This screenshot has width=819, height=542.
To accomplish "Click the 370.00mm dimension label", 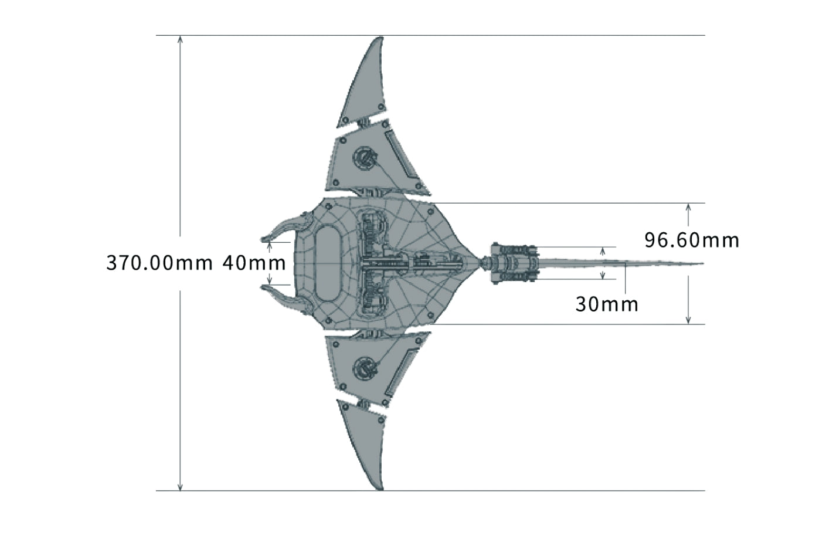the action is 159,263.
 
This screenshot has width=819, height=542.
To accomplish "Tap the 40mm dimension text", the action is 254,263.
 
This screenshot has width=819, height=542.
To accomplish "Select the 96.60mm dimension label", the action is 692,240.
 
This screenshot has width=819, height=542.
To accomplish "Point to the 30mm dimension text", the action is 607,304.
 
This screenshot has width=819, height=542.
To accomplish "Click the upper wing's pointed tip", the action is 380,38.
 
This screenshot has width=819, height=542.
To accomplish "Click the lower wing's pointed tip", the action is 380,489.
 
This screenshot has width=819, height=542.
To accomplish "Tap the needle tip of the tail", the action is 703,263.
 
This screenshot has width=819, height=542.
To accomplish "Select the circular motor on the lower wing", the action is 365,368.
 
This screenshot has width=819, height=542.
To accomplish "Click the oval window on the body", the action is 328,263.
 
